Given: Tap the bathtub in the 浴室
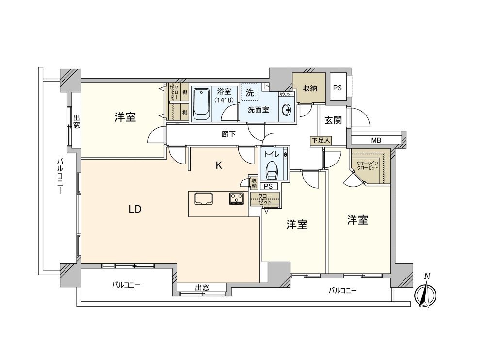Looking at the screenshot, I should (201, 104).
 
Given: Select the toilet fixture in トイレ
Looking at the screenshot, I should (272, 170).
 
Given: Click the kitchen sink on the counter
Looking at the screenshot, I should (204, 198).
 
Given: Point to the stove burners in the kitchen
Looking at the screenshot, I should (237, 198).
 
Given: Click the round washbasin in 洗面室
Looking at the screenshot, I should (287, 110).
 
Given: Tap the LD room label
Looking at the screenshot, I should (135, 210).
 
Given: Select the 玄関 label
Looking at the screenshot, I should (333, 120).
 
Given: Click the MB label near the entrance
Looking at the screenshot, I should (376, 141).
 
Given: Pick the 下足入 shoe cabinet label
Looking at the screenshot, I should (321, 141).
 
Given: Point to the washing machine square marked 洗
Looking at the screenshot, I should (249, 92).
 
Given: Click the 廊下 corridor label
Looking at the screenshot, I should (228, 134).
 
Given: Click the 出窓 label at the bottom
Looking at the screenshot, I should (202, 288).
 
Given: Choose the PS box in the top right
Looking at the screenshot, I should (338, 88).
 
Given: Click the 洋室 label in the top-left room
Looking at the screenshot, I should (125, 117).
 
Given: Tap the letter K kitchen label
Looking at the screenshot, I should (219, 165).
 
